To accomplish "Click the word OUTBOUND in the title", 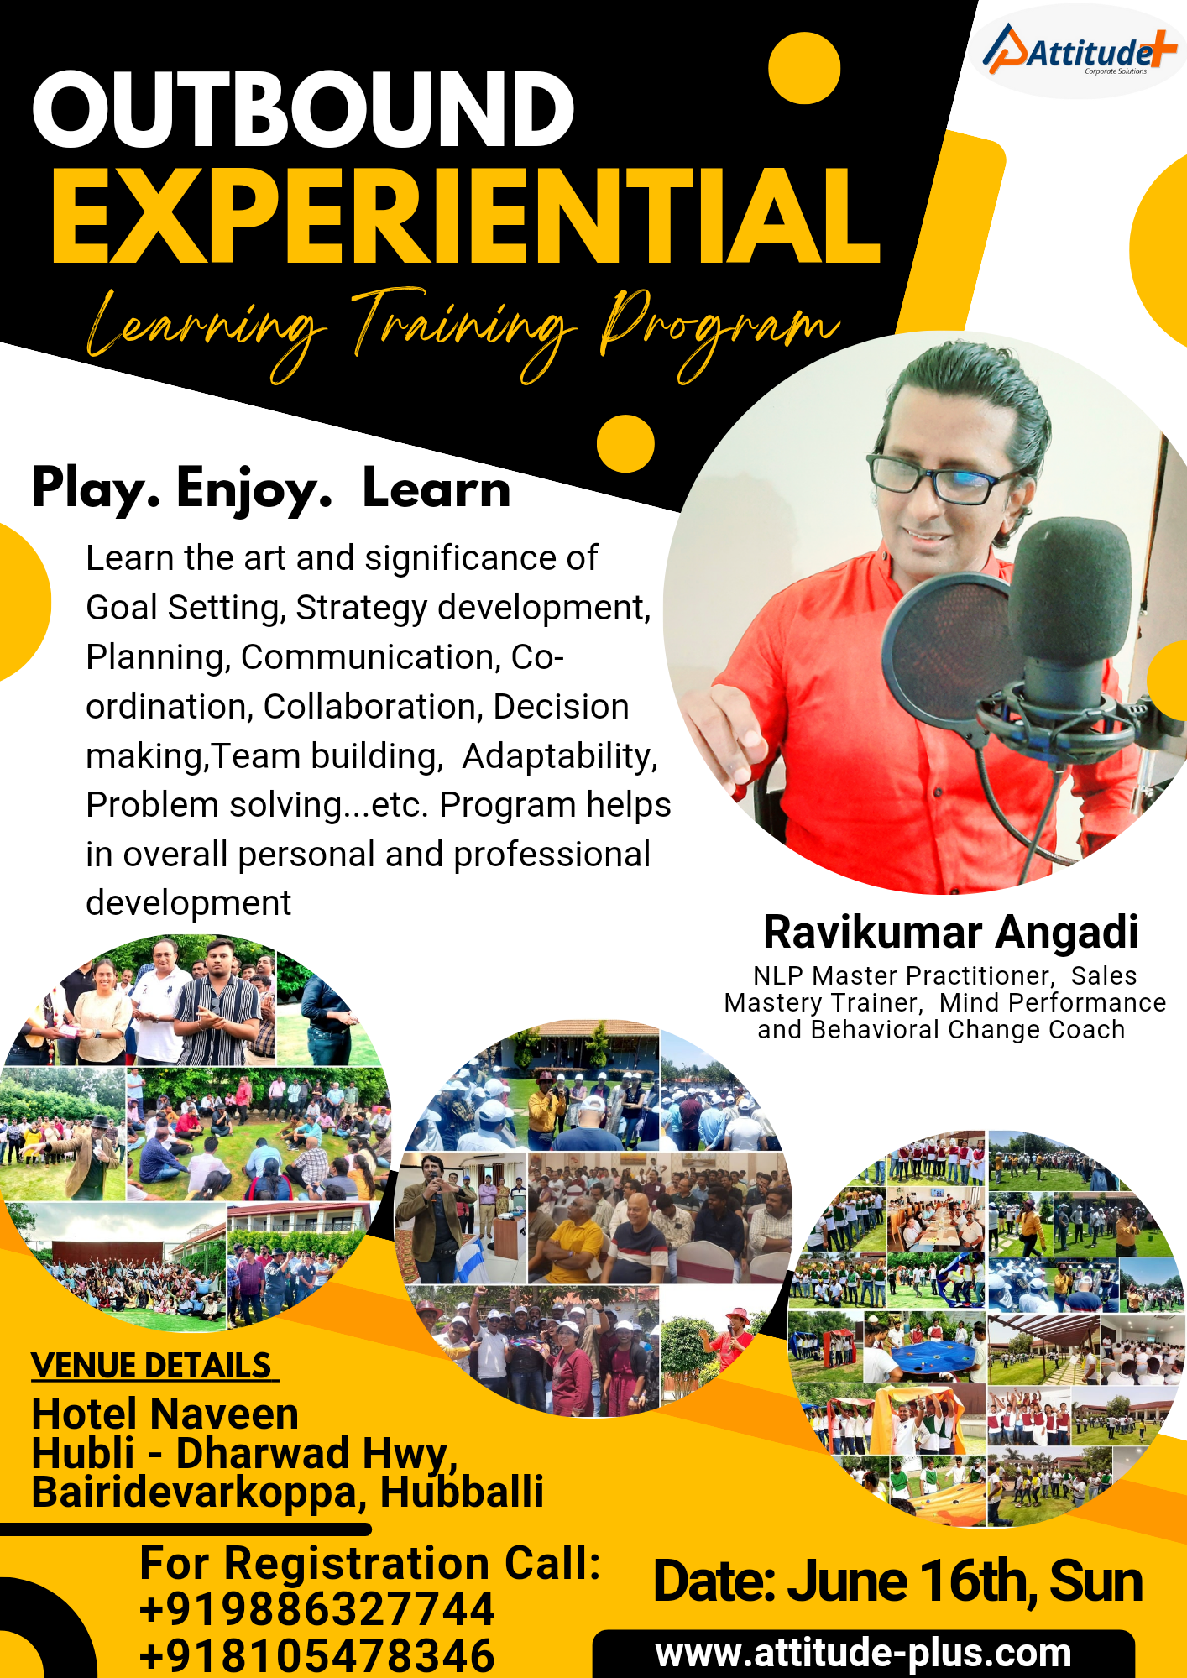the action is click(x=303, y=109).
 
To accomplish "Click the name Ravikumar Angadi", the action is click(x=950, y=932).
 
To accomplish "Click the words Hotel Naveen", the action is click(x=165, y=1414).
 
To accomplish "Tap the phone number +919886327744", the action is click(x=316, y=1609).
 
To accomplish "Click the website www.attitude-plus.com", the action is click(x=863, y=1653).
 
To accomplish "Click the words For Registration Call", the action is click(x=370, y=1563).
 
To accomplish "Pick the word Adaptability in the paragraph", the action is click(x=559, y=756).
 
